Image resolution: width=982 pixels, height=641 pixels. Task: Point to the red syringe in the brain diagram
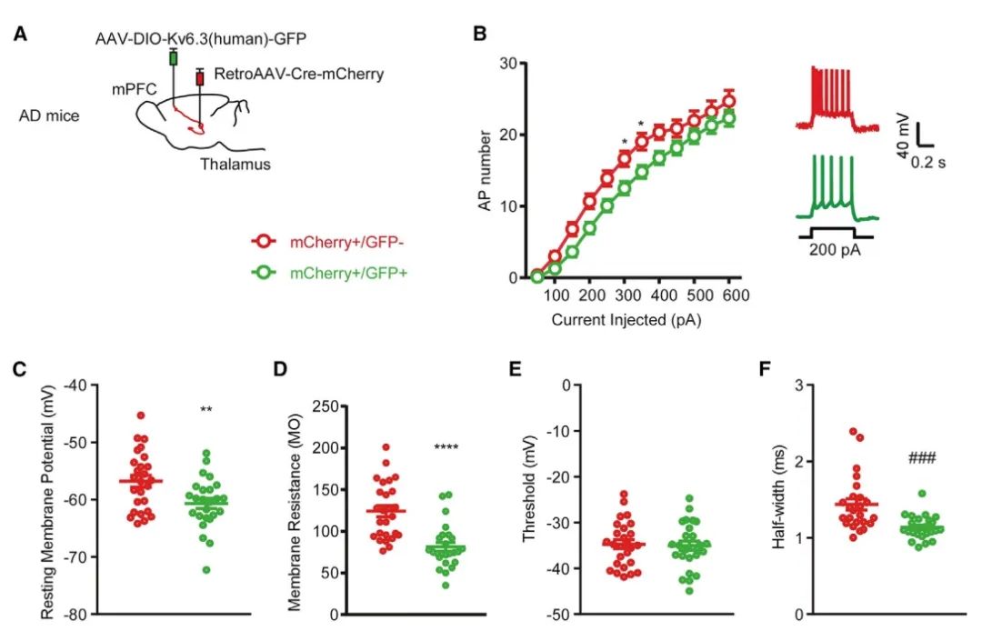click(200, 80)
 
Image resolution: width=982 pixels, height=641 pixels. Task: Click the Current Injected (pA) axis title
click(627, 320)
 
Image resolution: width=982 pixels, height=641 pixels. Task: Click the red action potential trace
click(831, 100)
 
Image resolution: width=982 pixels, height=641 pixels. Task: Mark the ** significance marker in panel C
click(206, 411)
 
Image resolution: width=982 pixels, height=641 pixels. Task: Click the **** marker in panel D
click(446, 447)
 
